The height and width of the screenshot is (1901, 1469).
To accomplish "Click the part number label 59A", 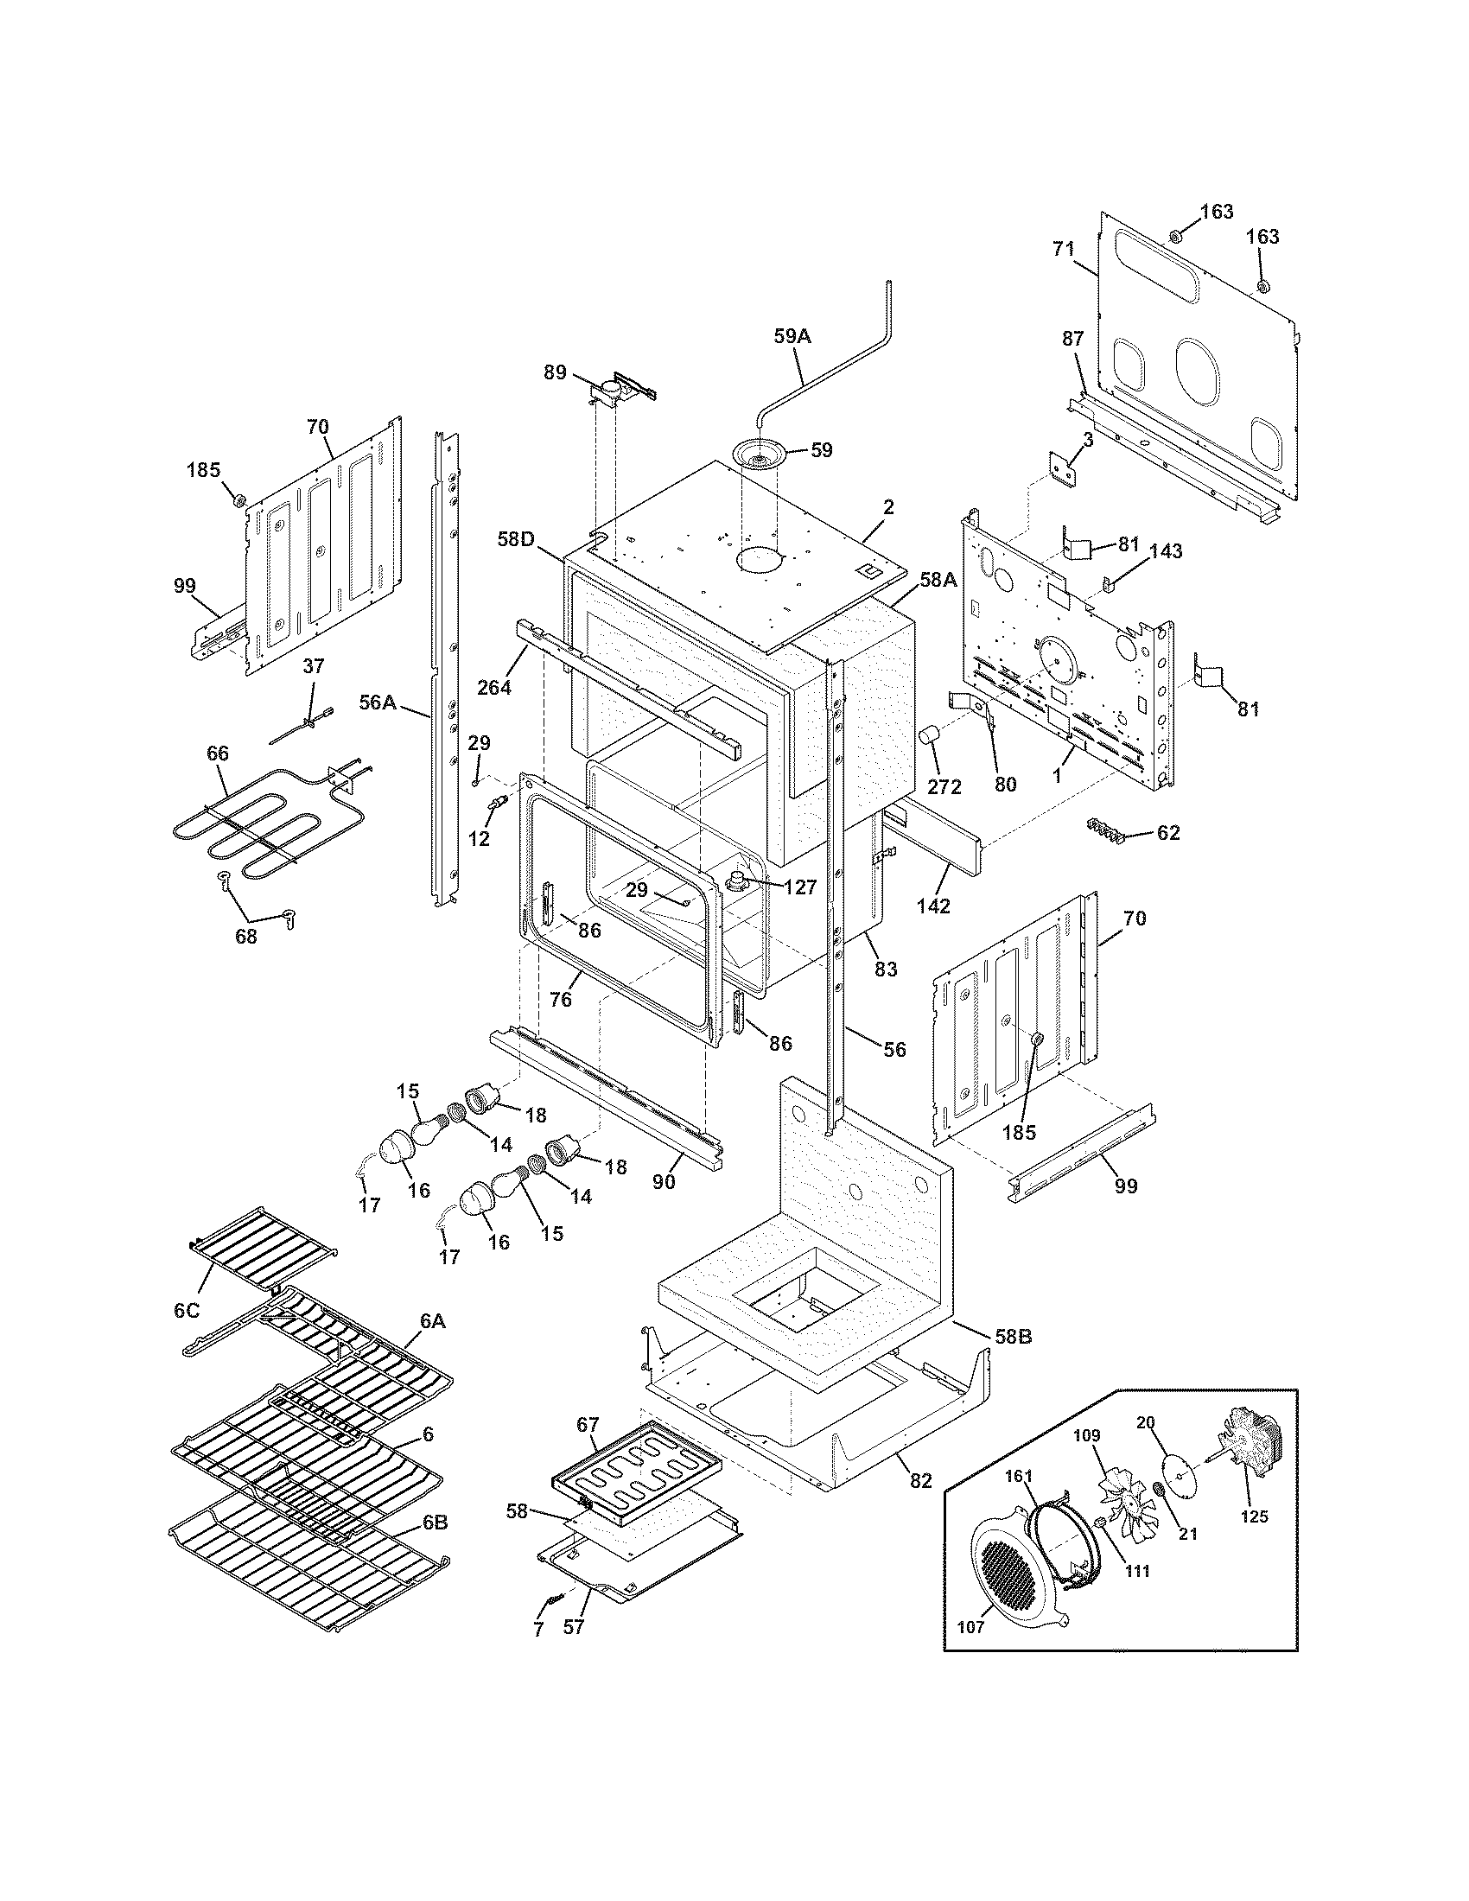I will (792, 335).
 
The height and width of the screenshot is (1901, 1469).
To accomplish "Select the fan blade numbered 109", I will (1122, 1494).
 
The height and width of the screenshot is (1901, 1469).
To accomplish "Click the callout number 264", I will (493, 687).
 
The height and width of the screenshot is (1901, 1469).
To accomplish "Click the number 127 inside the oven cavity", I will (798, 887).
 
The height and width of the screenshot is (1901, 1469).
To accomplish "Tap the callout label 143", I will (1166, 551).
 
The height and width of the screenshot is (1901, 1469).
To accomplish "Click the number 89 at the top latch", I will (556, 372).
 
